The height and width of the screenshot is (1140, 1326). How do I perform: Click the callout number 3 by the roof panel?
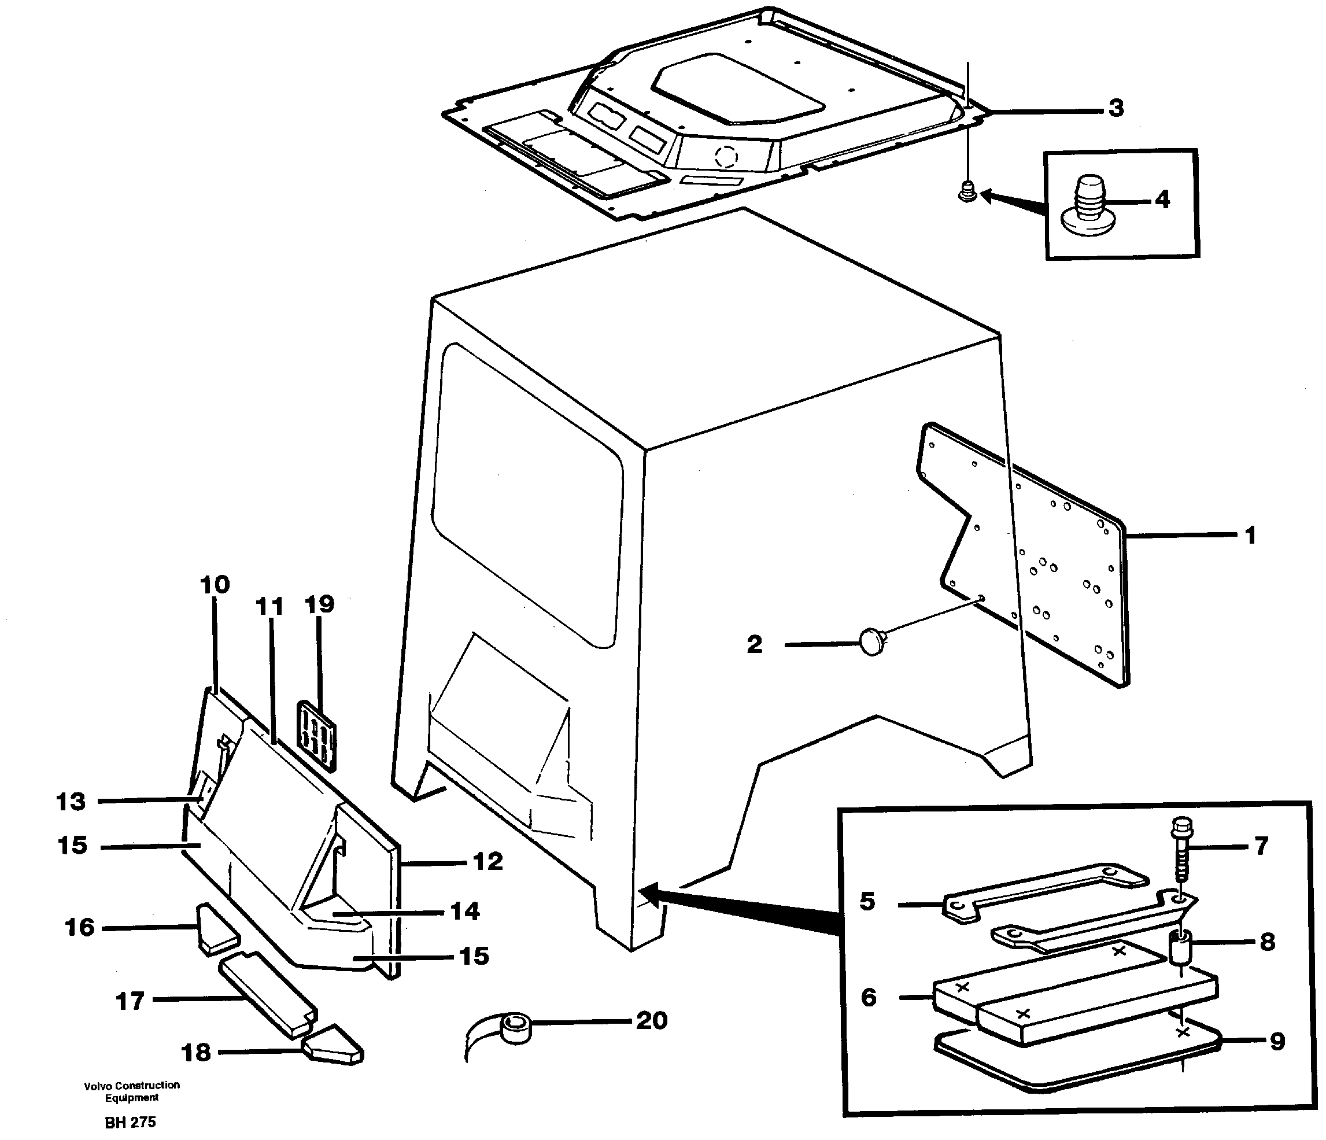(1116, 108)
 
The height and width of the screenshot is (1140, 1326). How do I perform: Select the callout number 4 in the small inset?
(1162, 200)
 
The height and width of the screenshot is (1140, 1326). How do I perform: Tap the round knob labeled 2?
(871, 641)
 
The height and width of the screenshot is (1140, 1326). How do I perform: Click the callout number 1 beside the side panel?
(1249, 534)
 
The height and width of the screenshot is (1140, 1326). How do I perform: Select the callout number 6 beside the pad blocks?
(869, 997)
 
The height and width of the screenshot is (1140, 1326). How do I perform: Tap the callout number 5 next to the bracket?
(867, 901)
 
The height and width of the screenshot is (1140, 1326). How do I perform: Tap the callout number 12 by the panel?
(487, 862)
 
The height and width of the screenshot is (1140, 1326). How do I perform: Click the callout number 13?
(71, 802)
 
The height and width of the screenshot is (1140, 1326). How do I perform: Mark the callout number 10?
(215, 584)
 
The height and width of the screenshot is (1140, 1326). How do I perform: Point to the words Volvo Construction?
(131, 1085)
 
